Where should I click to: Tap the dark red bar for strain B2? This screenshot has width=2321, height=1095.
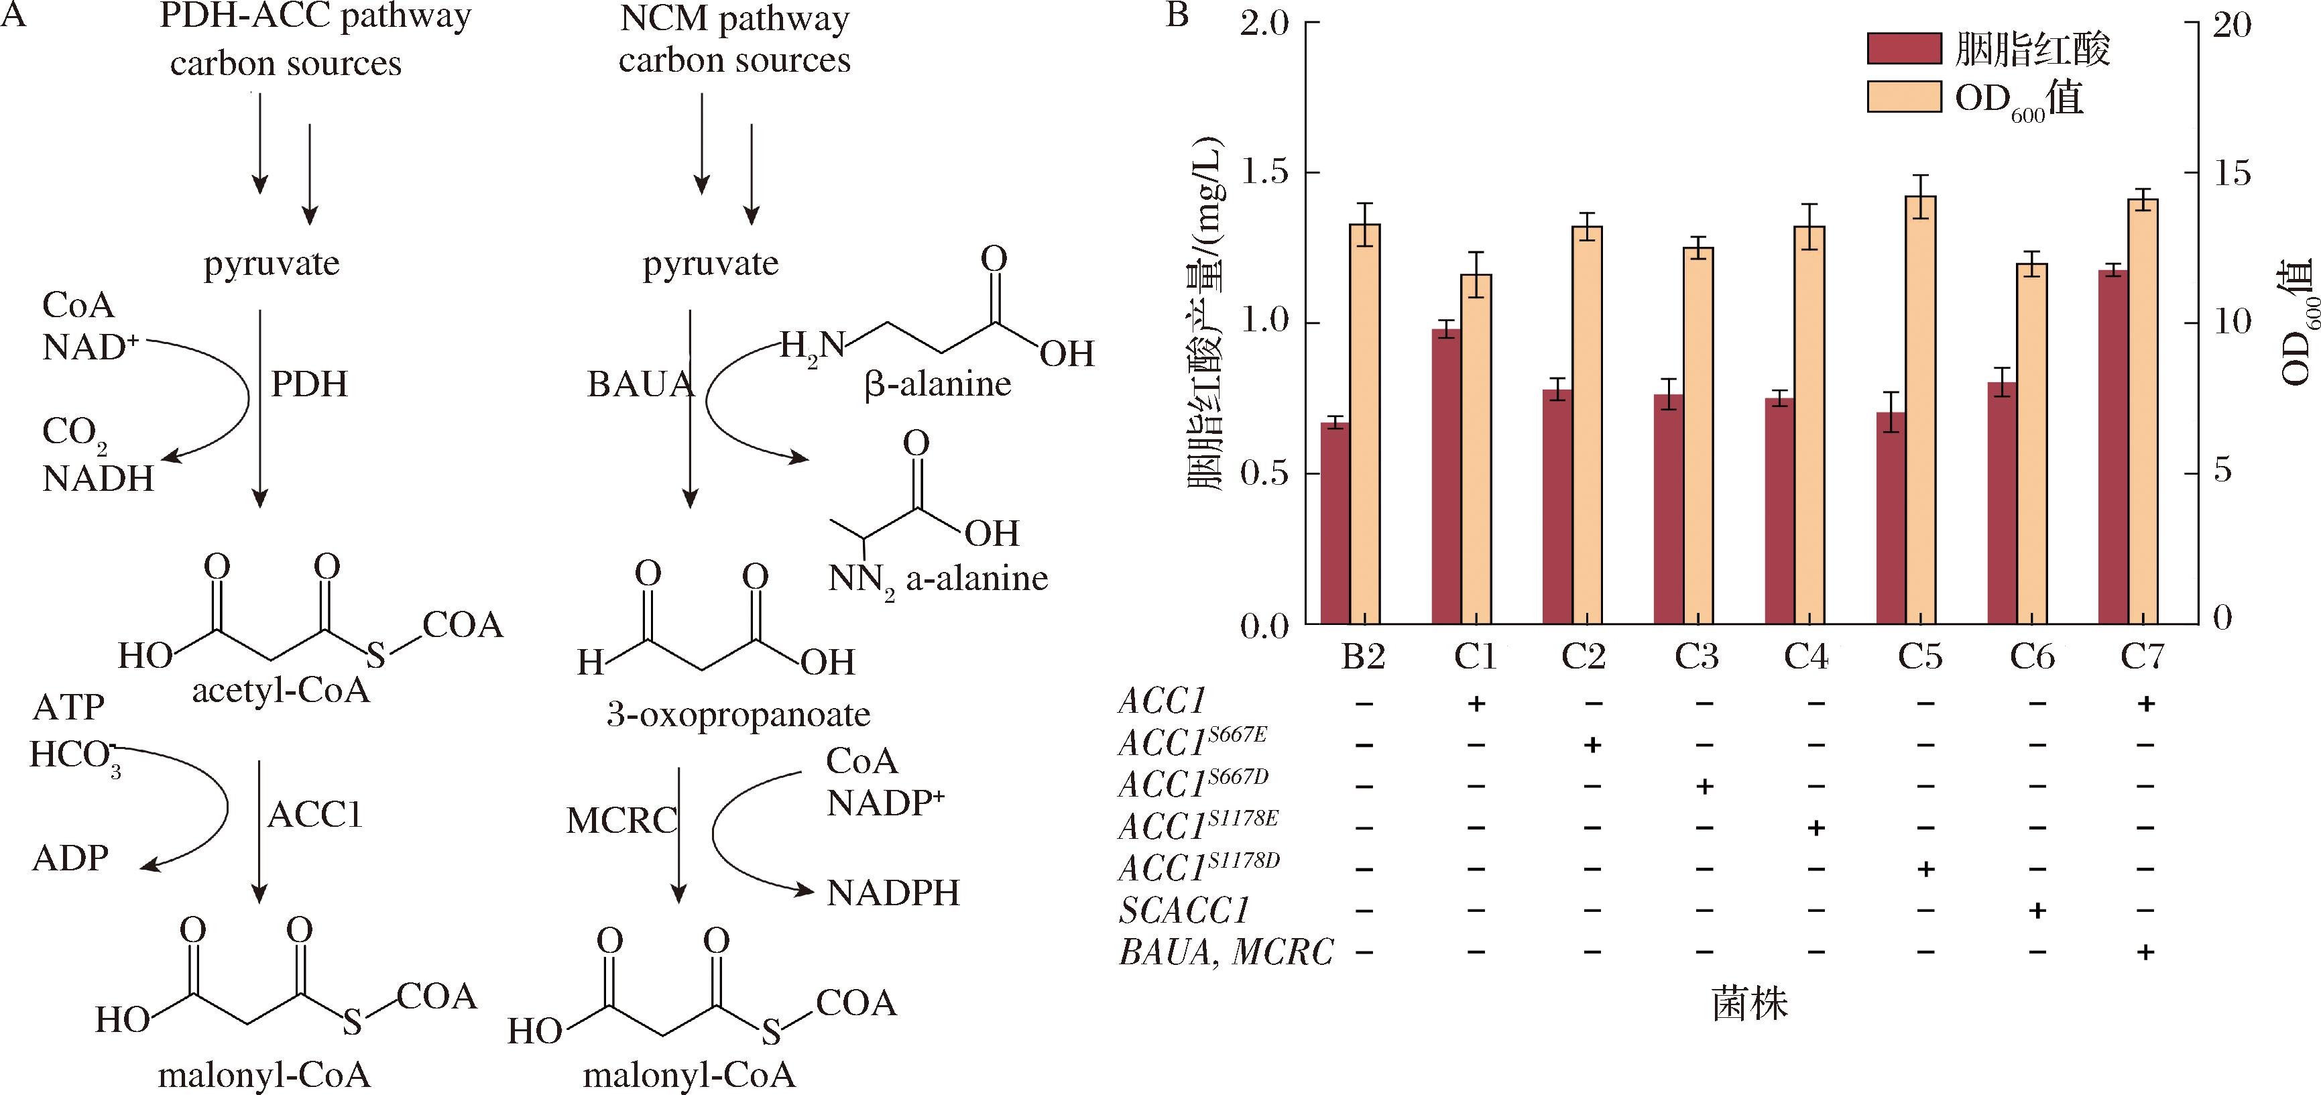[1334, 523]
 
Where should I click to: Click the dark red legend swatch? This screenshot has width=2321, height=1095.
[1903, 49]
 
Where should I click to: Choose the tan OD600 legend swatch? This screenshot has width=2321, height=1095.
[1903, 97]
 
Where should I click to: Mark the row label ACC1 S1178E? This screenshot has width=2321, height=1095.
[1197, 825]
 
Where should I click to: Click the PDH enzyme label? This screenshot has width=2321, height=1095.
[309, 385]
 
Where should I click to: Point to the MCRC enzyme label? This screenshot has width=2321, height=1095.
[621, 821]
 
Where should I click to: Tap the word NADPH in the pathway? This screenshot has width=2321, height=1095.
[893, 893]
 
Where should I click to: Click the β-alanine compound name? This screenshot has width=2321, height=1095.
[937, 385]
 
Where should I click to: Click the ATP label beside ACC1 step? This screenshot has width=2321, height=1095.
[68, 707]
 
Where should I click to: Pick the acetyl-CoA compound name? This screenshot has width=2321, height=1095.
[281, 691]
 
